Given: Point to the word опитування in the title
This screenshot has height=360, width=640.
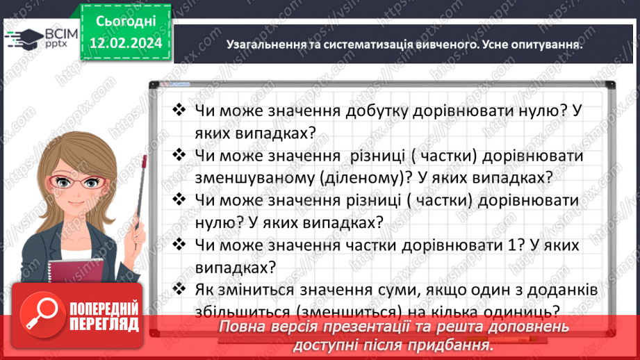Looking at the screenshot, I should coord(543,45).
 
